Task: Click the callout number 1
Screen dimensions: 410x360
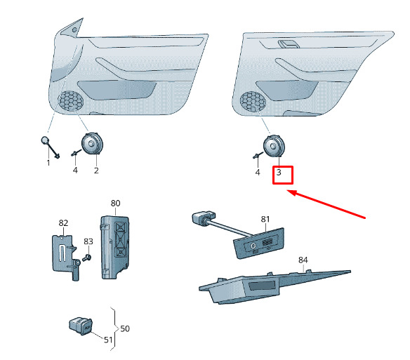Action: [x=48, y=163]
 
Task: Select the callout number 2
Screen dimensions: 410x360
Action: [x=96, y=171]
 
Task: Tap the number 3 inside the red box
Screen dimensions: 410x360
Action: [x=279, y=173]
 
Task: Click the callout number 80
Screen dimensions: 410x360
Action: [x=115, y=203]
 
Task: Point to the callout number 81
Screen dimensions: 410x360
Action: [x=265, y=219]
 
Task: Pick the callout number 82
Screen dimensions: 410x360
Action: [x=63, y=222]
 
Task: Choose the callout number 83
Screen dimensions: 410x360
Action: [x=88, y=241]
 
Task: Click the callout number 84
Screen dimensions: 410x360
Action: [x=303, y=260]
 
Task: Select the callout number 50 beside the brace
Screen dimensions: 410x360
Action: [x=125, y=328]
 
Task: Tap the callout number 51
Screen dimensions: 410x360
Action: [x=108, y=340]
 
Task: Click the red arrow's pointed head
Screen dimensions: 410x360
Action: [x=288, y=191]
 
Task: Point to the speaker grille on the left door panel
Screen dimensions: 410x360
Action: [x=71, y=101]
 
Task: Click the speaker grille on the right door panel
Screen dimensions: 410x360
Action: [x=253, y=102]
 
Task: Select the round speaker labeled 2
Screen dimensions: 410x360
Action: [x=92, y=144]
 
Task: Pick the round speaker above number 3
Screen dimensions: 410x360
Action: [x=273, y=146]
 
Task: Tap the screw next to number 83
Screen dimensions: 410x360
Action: [x=86, y=258]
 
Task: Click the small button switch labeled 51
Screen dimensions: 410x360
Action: [x=81, y=326]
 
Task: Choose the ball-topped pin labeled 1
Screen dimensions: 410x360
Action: [x=50, y=147]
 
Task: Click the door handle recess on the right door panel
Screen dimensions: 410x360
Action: [x=289, y=44]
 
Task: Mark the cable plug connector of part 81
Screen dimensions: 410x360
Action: [x=204, y=218]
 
